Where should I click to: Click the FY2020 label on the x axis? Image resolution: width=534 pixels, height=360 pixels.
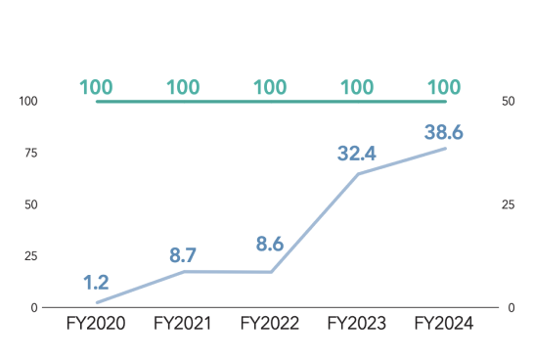coord(96,324)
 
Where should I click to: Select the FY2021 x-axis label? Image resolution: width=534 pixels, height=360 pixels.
coord(183,324)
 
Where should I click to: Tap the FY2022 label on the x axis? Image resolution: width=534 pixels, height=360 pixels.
coord(270,324)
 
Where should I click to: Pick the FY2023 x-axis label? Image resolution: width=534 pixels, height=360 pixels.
coord(357,324)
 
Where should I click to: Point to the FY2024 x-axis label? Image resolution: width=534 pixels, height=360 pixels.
coord(444,324)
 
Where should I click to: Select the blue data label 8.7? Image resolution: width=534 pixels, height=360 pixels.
coord(183,256)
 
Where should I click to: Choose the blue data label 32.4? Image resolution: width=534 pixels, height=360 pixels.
coord(357,154)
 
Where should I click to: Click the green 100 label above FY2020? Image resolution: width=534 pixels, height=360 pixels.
coord(96,86)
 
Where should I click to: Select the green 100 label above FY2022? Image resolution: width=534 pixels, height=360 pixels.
coord(270,86)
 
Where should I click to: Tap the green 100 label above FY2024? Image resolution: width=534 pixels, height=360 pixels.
coord(444,86)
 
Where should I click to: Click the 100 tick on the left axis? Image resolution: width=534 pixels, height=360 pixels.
coord(27,101)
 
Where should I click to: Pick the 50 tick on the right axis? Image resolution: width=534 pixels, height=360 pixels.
coord(507,101)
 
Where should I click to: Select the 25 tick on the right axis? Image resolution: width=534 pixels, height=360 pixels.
coord(507,204)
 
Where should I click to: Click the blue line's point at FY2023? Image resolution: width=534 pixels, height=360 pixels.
coord(357,174)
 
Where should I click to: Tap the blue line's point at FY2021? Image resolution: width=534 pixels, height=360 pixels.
coord(183,271)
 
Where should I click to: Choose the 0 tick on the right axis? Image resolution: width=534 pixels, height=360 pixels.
coord(504,307)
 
